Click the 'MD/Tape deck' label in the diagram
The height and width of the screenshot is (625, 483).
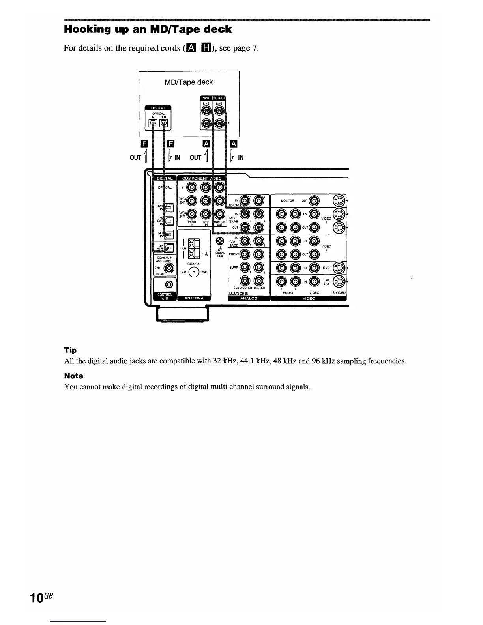click(189, 82)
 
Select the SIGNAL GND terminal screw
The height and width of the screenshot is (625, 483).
click(220, 241)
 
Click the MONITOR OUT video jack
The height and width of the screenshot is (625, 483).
click(314, 200)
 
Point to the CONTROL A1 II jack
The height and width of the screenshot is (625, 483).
click(170, 283)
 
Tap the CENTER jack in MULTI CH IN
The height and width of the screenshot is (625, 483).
click(258, 281)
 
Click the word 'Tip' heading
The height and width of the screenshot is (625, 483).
click(70, 350)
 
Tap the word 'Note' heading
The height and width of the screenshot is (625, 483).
click(73, 376)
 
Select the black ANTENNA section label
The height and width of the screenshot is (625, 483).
click(194, 298)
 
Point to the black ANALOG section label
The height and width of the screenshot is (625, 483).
click(249, 298)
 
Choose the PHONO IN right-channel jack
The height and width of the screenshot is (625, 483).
click(245, 200)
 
